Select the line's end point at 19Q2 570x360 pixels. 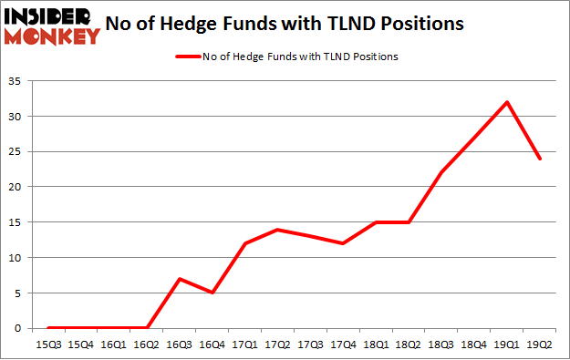[541, 159]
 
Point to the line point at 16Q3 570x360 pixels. [180, 279]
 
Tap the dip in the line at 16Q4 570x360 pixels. [212, 293]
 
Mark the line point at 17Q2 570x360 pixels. [278, 230]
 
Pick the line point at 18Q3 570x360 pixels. [442, 173]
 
